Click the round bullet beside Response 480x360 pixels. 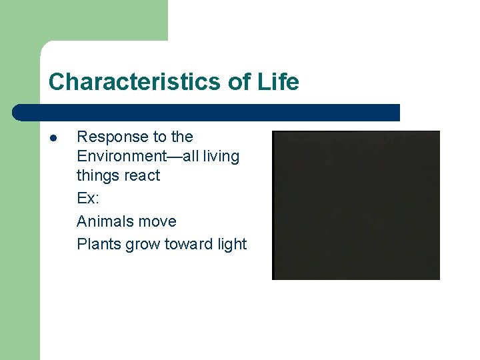pos(53,138)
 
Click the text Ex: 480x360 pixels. pos(88,199)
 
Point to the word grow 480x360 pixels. pos(143,245)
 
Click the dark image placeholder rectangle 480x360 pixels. pos(356,205)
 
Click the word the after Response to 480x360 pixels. pos(182,137)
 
